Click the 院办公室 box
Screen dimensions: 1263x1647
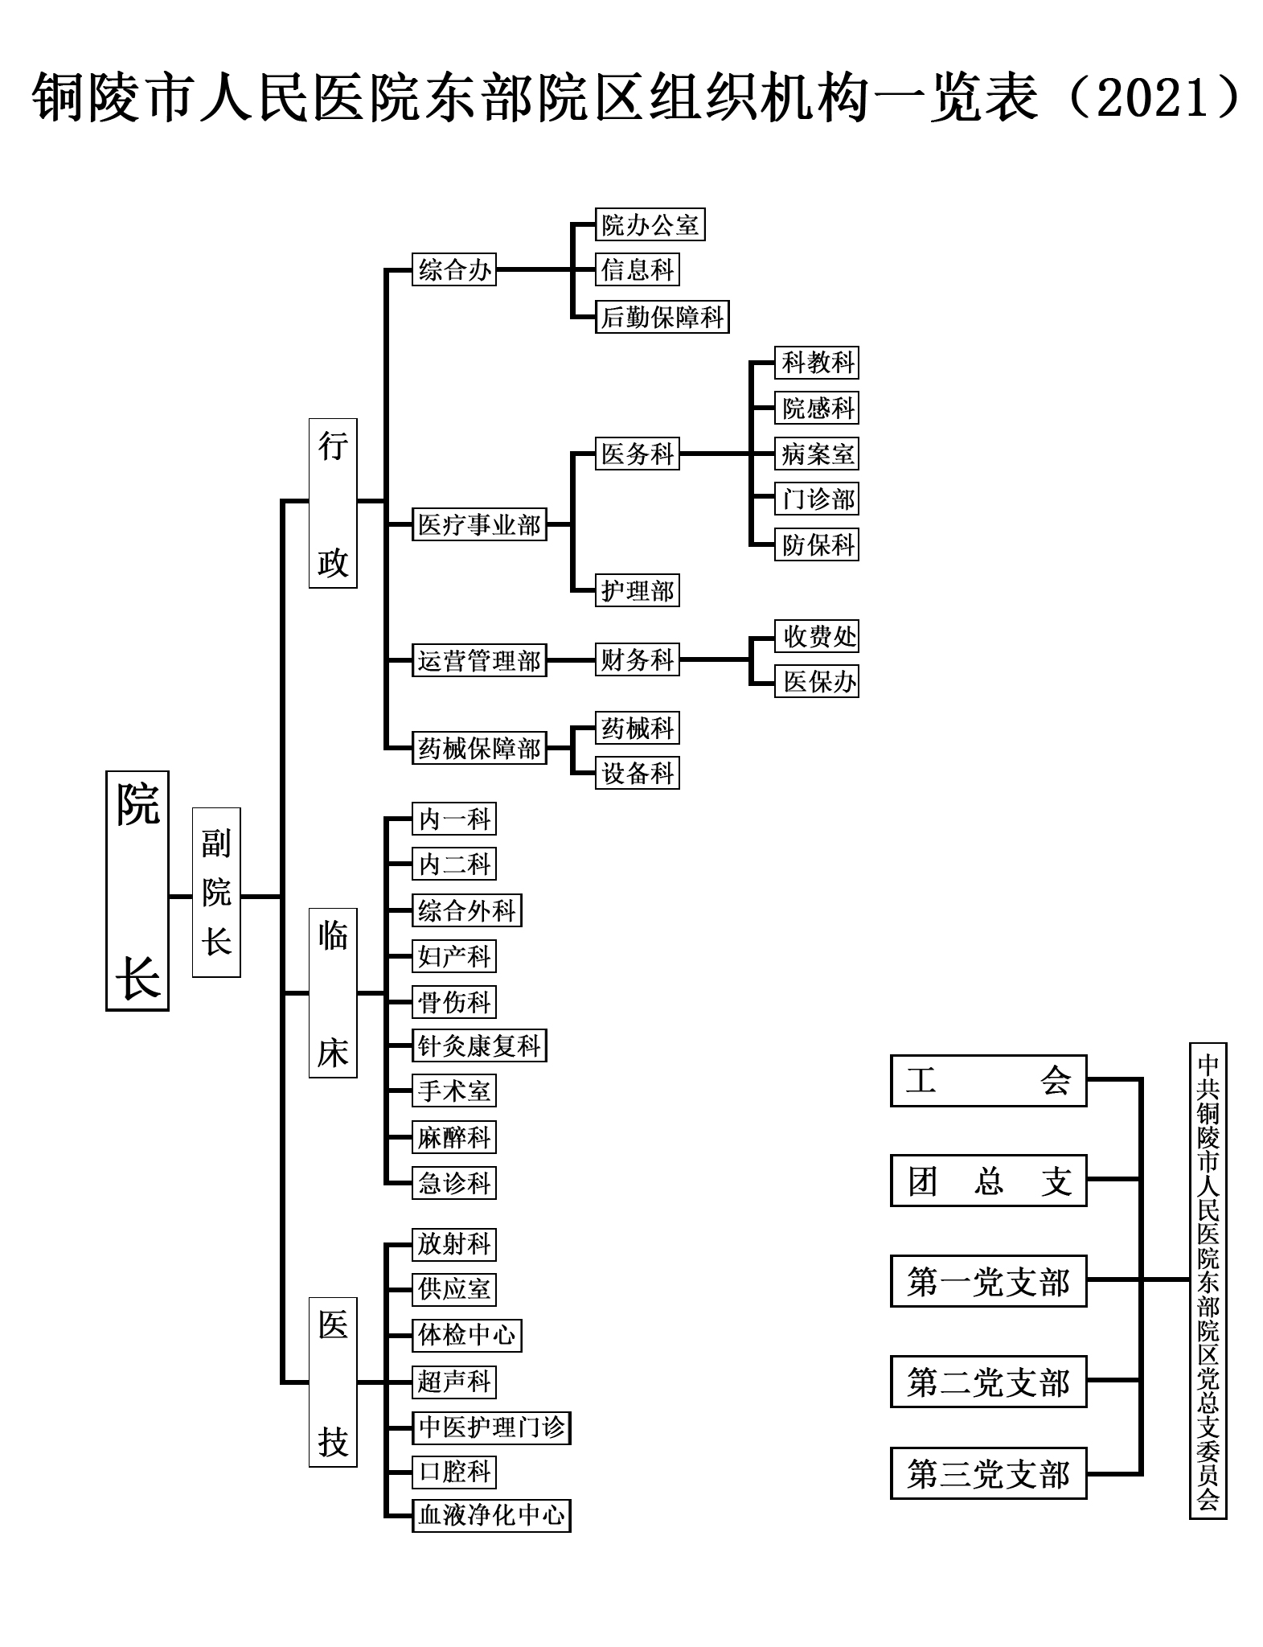(x=650, y=225)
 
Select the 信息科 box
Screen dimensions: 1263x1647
(x=637, y=269)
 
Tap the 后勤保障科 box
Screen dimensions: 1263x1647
(x=662, y=317)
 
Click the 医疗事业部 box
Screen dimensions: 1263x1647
(x=479, y=524)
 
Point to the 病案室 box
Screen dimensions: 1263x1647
(x=817, y=454)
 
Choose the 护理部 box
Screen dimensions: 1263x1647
(x=637, y=591)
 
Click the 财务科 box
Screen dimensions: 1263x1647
(x=637, y=659)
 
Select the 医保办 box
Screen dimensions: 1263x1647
(x=817, y=681)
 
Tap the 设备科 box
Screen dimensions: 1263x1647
(x=637, y=773)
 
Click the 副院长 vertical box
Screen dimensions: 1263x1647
(x=216, y=892)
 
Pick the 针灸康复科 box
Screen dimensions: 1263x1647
(x=479, y=1045)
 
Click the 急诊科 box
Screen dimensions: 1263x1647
(x=454, y=1182)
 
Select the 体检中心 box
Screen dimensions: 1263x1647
(x=467, y=1335)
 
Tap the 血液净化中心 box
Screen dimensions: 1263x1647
(x=491, y=1515)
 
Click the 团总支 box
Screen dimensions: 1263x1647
(x=989, y=1181)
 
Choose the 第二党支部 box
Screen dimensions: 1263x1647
(x=989, y=1382)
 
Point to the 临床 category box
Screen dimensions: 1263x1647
(x=333, y=992)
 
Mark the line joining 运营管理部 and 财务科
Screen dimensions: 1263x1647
(x=571, y=660)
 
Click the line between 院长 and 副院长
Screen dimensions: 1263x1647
(x=181, y=896)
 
